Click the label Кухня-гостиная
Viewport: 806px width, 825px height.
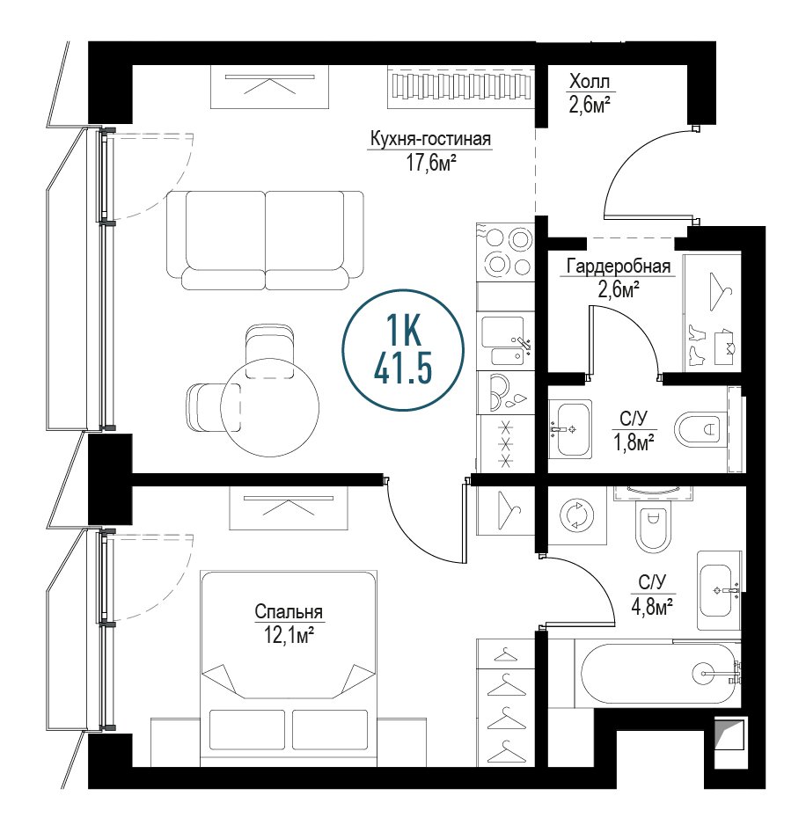(x=430, y=140)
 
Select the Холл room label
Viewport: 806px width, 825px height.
(x=590, y=82)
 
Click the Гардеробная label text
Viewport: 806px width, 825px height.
(x=619, y=266)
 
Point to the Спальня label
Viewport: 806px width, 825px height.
(x=289, y=612)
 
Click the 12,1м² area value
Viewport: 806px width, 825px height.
(x=289, y=635)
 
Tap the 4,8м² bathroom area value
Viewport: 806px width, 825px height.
(x=653, y=606)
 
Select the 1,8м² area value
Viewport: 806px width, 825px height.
(x=634, y=443)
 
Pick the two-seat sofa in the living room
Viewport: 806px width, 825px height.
(x=265, y=240)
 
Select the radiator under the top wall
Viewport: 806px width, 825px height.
(x=461, y=86)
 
